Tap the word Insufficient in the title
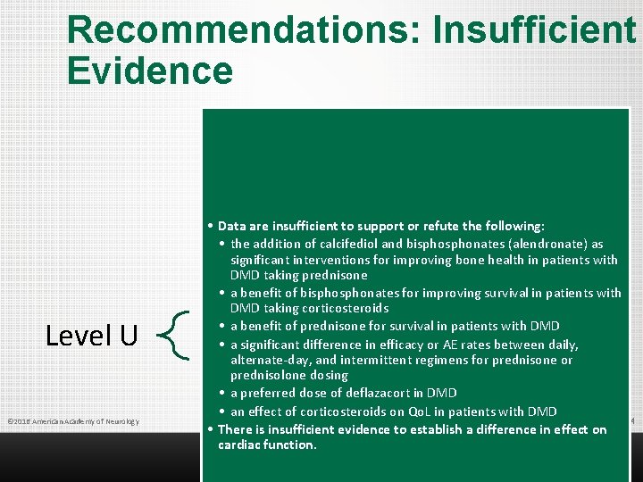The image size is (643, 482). [x=534, y=29]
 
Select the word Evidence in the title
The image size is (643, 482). [x=150, y=71]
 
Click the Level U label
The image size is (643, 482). [x=92, y=336]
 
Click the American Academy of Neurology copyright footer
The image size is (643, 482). [x=72, y=421]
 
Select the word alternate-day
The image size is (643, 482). [x=269, y=361]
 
